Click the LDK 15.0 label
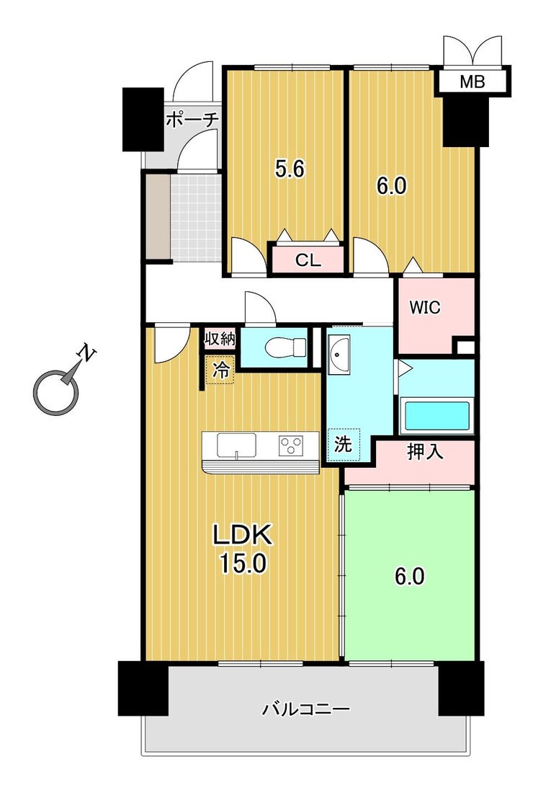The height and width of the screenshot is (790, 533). tap(243, 549)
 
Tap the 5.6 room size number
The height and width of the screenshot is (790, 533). tap(290, 169)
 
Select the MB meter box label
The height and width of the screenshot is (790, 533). tap(472, 81)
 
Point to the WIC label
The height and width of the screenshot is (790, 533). tap(425, 307)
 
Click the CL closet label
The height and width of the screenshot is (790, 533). tap(308, 260)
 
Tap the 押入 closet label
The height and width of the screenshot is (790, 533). tap(425, 452)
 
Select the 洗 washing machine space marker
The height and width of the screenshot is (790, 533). tap(343, 444)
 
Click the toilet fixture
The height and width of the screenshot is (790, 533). tap(285, 347)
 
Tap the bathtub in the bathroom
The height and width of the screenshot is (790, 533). tap(436, 415)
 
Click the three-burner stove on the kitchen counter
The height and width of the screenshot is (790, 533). tap(291, 445)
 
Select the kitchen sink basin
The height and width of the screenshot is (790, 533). tap(236, 445)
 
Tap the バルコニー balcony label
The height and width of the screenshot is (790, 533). tap(305, 709)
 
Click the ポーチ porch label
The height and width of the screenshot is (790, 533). tap(192, 120)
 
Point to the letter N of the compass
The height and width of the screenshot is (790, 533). tap(86, 354)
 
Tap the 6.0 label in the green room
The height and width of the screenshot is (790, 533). tap(409, 577)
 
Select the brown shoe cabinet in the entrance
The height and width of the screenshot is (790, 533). tap(158, 217)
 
